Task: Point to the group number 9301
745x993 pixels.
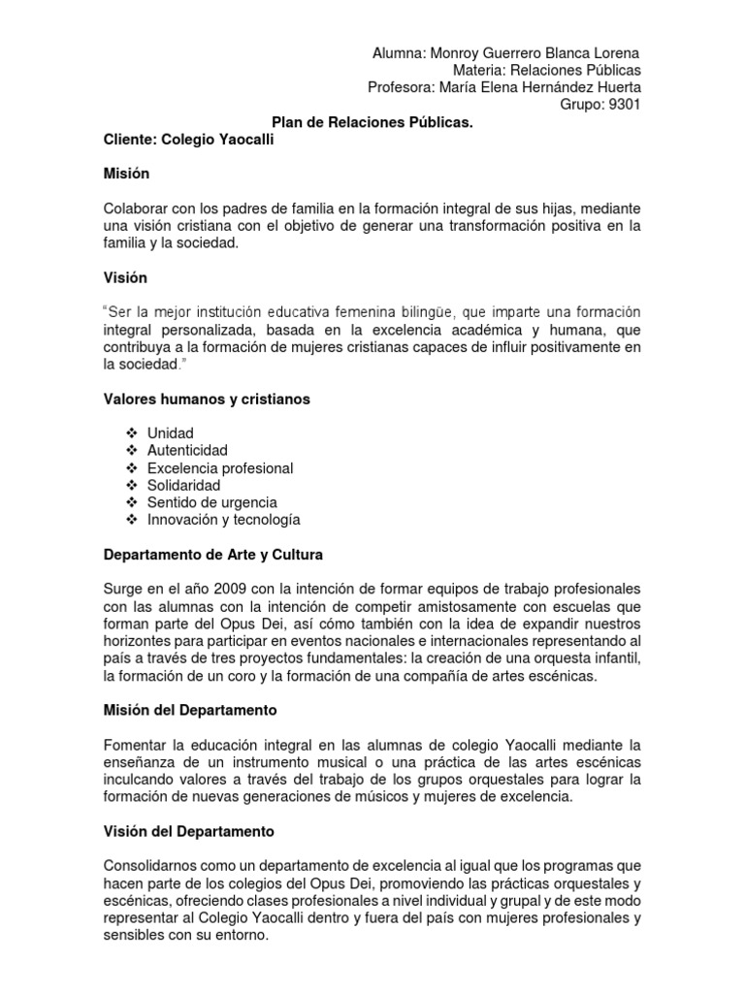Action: click(x=622, y=106)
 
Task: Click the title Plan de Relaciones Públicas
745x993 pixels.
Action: click(x=372, y=123)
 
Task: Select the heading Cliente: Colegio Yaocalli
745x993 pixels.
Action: click(x=189, y=141)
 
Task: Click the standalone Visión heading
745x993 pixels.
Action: click(x=125, y=277)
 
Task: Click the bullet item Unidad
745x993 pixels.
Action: click(x=171, y=433)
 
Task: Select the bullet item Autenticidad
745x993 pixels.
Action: click(x=187, y=451)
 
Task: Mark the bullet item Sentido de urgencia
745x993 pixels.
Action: click(x=211, y=502)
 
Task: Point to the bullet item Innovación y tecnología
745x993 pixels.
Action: click(x=223, y=520)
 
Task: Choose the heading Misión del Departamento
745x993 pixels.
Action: click(x=190, y=711)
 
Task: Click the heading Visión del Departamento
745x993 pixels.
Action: click(x=189, y=831)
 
